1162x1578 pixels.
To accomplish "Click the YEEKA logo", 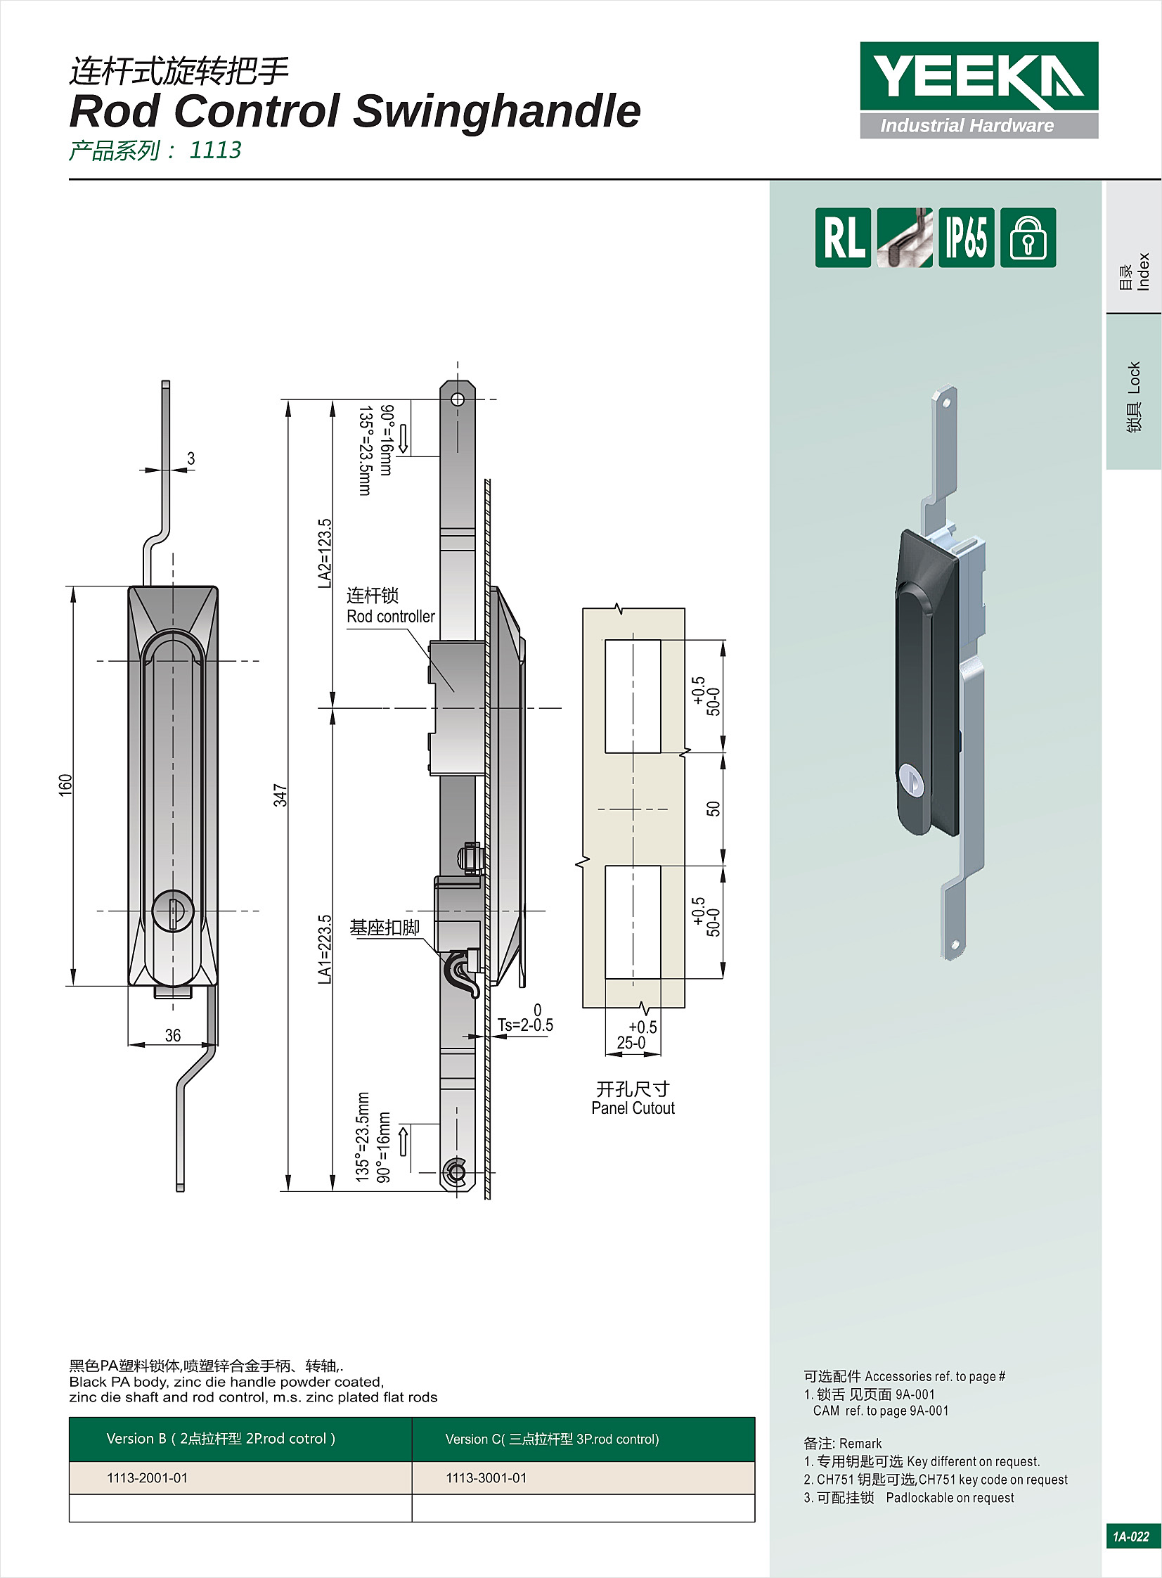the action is pos(979,90).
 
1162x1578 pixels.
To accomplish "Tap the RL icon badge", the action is pos(843,238).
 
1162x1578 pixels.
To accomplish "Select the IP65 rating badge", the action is pos(966,238).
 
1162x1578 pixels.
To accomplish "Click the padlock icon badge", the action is pos(1028,238).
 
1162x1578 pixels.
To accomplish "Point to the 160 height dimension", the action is pos(65,785).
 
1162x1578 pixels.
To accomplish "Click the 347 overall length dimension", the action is pos(280,795).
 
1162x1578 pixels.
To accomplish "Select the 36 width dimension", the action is pos(173,1035).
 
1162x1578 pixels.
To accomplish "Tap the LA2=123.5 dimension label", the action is pos(324,553).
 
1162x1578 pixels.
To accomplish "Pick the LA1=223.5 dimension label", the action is pos(324,949).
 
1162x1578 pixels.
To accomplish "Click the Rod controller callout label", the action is pos(390,616).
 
